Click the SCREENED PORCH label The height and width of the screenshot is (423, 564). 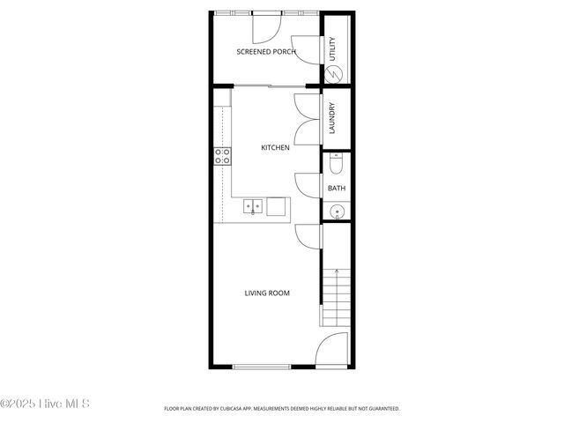265,52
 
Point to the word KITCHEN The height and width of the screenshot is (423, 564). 275,148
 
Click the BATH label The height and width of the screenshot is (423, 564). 337,189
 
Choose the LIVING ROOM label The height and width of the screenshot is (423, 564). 267,293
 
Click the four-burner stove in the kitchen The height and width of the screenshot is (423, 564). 222,157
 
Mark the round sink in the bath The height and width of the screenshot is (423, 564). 336,211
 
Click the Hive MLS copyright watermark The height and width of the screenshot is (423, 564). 45,404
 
